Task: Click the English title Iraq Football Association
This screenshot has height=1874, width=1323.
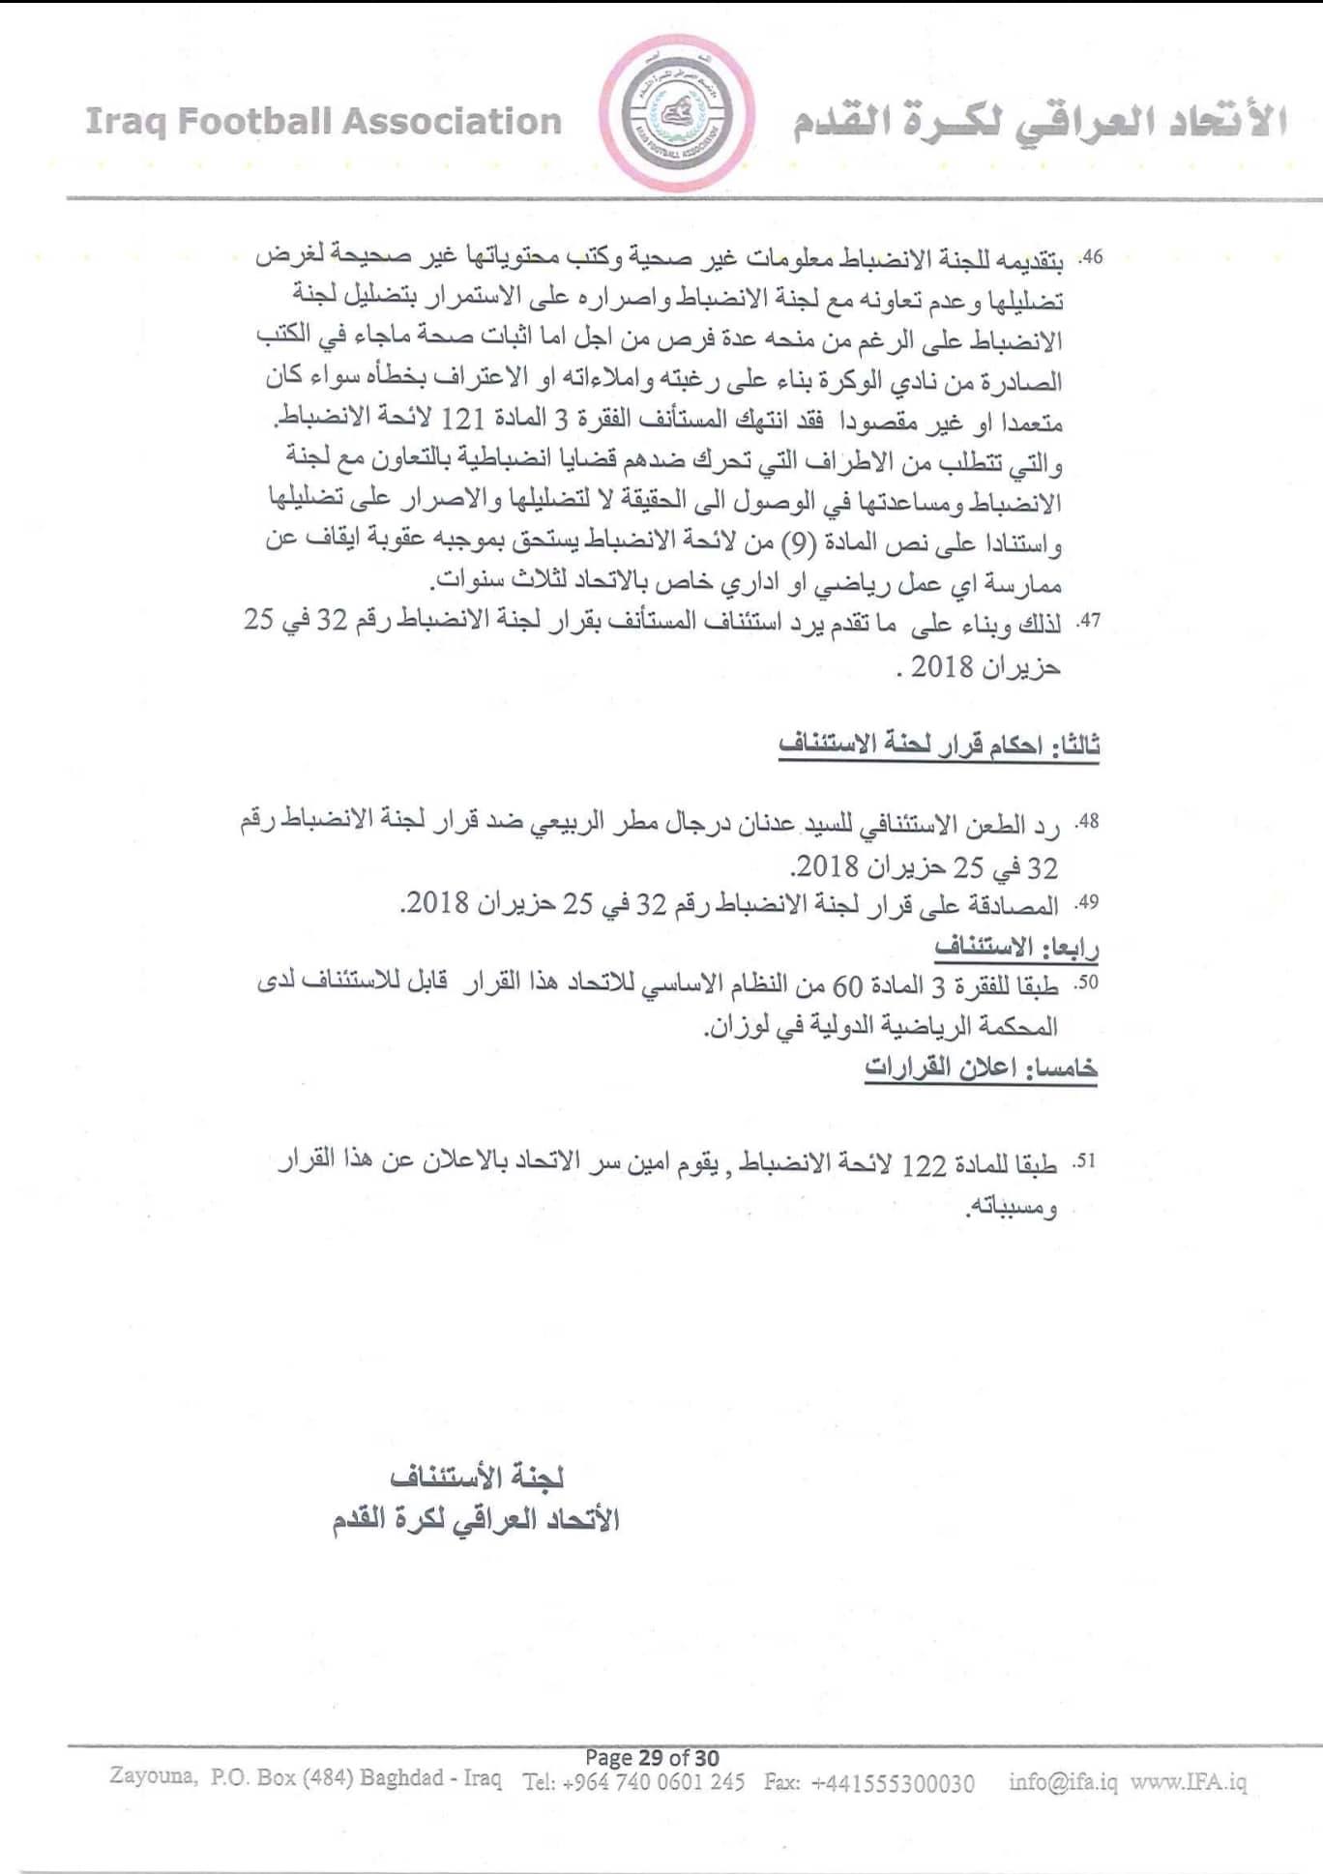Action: pyautogui.click(x=324, y=122)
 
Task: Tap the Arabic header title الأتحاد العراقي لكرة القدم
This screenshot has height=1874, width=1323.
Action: pyautogui.click(x=1040, y=124)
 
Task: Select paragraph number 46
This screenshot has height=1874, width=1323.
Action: pyautogui.click(x=1091, y=258)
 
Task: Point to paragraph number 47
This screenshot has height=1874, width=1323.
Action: pyautogui.click(x=1090, y=622)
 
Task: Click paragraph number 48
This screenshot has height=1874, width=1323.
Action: pyautogui.click(x=1089, y=823)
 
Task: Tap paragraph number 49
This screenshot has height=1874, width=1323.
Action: pyautogui.click(x=1089, y=904)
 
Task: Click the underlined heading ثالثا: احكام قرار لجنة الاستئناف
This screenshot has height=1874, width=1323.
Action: pyautogui.click(x=939, y=745)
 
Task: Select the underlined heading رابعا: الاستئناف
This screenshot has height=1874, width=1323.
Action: pyautogui.click(x=1016, y=946)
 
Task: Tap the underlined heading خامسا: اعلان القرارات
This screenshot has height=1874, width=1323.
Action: pyautogui.click(x=981, y=1067)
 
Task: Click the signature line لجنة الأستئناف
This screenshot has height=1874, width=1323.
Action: pyautogui.click(x=477, y=1477)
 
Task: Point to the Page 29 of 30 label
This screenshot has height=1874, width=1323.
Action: pyautogui.click(x=652, y=1757)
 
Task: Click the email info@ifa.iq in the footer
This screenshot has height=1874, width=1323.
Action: pyautogui.click(x=1063, y=1781)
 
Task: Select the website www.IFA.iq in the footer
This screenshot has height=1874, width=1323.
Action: pyautogui.click(x=1189, y=1781)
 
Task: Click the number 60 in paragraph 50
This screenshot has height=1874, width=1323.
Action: pyautogui.click(x=847, y=985)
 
